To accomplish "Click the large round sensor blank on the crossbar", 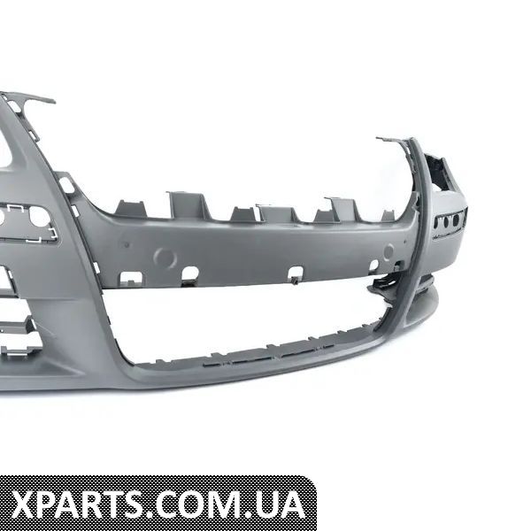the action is (165, 258).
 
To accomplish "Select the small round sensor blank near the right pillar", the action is (389, 250).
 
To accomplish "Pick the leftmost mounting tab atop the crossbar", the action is (130, 208).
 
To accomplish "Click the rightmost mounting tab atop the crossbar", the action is (389, 216).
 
